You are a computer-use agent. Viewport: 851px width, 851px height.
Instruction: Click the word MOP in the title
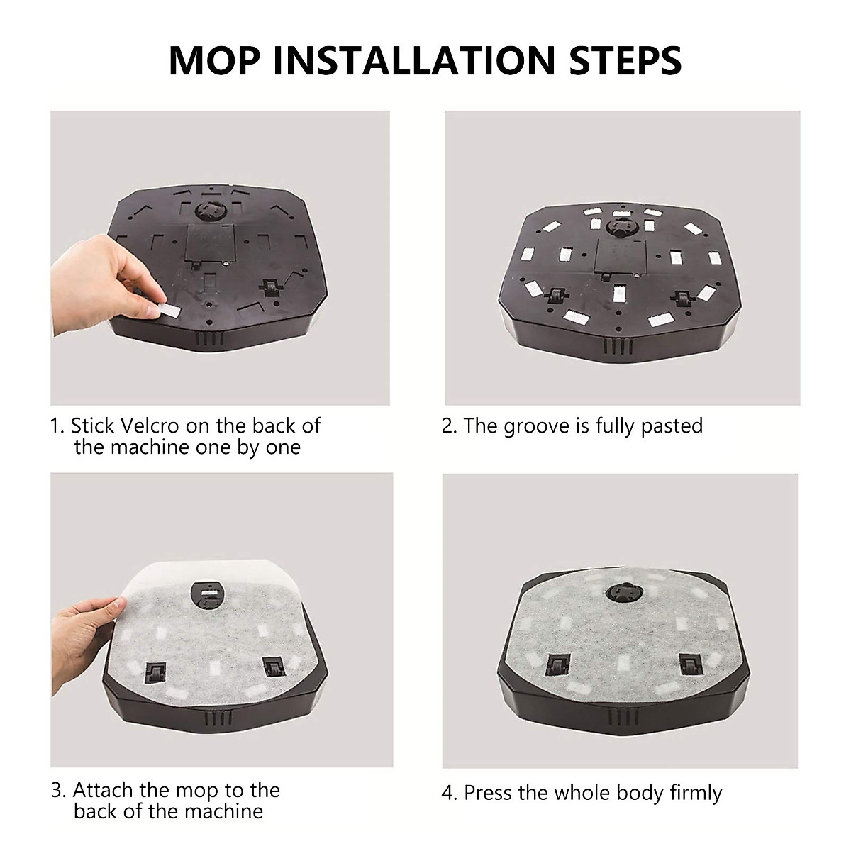point(213,60)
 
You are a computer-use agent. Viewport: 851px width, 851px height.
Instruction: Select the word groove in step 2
point(545,425)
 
